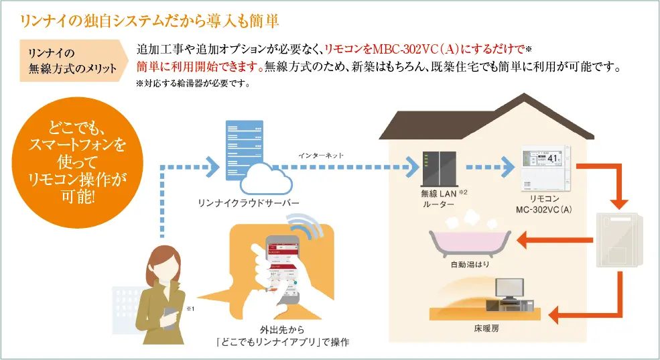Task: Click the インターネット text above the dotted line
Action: pyautogui.click(x=321, y=155)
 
